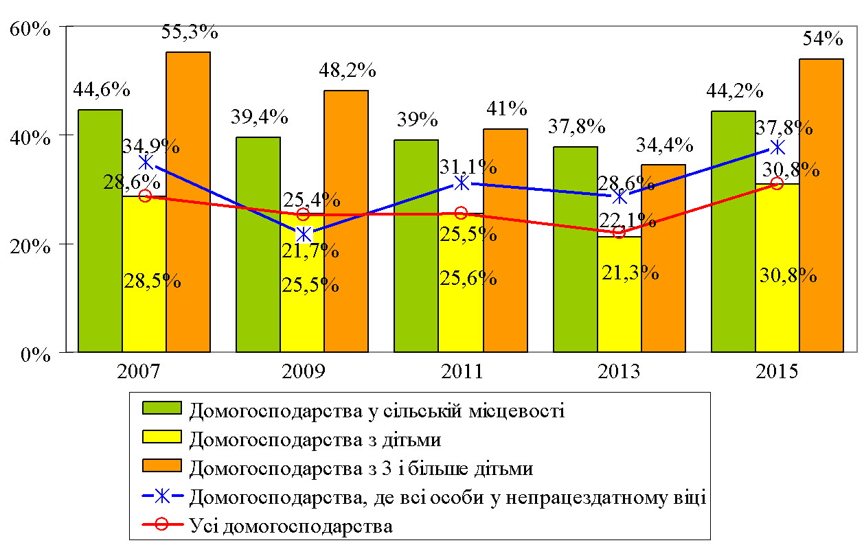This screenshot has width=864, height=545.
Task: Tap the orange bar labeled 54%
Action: [x=821, y=205]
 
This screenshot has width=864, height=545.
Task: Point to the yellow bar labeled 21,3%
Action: [x=619, y=294]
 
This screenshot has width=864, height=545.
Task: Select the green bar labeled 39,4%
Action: [x=258, y=244]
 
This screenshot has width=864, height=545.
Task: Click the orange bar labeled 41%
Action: [x=505, y=240]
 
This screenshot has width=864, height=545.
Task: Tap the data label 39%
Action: [x=418, y=119]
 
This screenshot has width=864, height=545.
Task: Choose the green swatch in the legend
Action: [x=161, y=409]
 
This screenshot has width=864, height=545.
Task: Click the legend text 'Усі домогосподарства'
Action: [x=291, y=527]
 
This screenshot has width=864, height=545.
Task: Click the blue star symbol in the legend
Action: [x=161, y=496]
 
